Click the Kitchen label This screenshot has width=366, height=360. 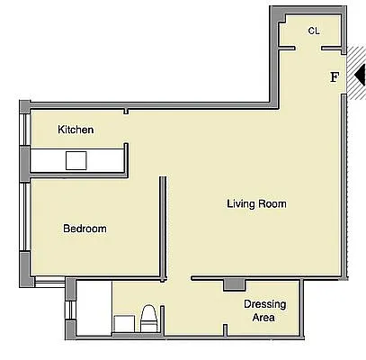[76, 130]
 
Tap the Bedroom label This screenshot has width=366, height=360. [85, 229]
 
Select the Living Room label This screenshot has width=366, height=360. [256, 204]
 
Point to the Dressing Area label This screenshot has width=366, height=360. [265, 310]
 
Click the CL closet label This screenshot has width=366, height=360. [314, 31]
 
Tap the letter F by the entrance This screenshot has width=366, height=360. [335, 77]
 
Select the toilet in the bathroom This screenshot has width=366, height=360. [149, 319]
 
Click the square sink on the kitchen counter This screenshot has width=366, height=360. [76, 160]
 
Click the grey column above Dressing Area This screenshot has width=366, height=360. [233, 284]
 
